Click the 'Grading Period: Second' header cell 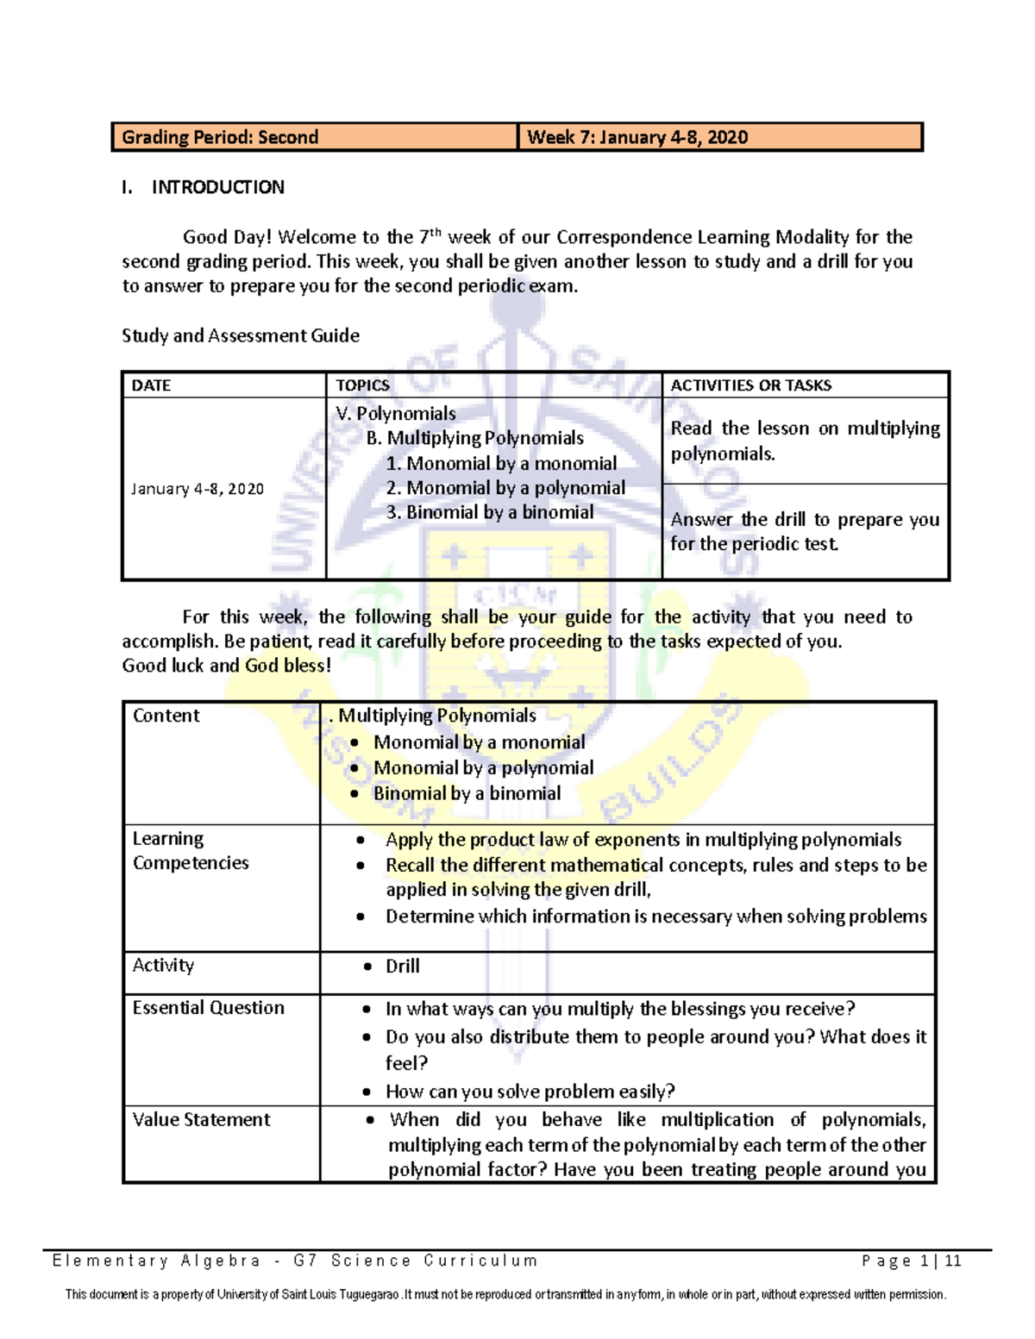point(220,137)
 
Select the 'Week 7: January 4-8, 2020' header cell point(637,137)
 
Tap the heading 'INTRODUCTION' point(217,187)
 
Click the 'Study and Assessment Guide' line point(241,335)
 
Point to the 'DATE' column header point(151,385)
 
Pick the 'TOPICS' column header point(362,385)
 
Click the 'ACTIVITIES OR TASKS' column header point(750,385)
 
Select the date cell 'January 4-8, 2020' point(198,489)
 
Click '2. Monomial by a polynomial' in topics point(505,488)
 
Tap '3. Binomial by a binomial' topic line point(489,512)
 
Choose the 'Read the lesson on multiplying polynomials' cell point(805,441)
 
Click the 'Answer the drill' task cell point(805,531)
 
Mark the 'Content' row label point(166,716)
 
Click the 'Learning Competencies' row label point(191,851)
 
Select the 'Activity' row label point(163,966)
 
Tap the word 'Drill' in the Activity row point(402,967)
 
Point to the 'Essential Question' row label point(208,1008)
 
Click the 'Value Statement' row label point(201,1120)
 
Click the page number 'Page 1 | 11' point(911,1261)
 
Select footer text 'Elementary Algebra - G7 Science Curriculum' point(295,1261)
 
